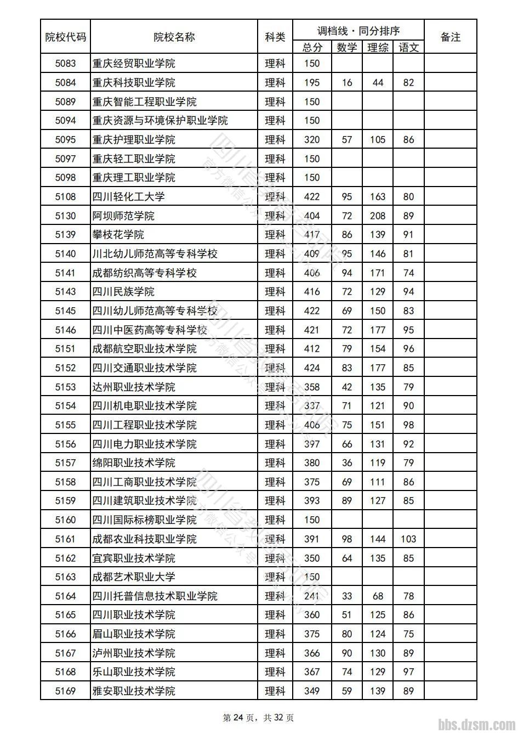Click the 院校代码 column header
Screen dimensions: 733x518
click(65, 37)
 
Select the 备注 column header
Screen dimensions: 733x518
click(450, 37)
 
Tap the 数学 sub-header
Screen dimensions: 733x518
click(346, 48)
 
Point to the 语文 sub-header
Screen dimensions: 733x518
click(408, 48)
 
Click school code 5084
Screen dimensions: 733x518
click(65, 83)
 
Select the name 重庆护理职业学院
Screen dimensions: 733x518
click(134, 140)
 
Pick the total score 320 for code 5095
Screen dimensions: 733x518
click(311, 140)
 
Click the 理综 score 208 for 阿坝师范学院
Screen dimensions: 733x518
click(377, 216)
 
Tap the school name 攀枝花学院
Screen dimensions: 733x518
click(118, 235)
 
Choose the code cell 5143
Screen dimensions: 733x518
click(65, 292)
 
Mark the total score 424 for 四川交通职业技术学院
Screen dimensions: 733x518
click(311, 368)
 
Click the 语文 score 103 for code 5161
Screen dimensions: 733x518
click(408, 539)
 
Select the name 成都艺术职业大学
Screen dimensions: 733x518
click(134, 577)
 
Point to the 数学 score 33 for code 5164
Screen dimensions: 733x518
click(346, 596)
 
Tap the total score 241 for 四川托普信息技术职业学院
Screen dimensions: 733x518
click(311, 596)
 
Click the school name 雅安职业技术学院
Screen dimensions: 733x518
click(134, 691)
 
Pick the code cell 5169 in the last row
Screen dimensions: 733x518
click(65, 691)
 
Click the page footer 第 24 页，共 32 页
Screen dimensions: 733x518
click(258, 718)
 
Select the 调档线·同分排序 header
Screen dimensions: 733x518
click(358, 31)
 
